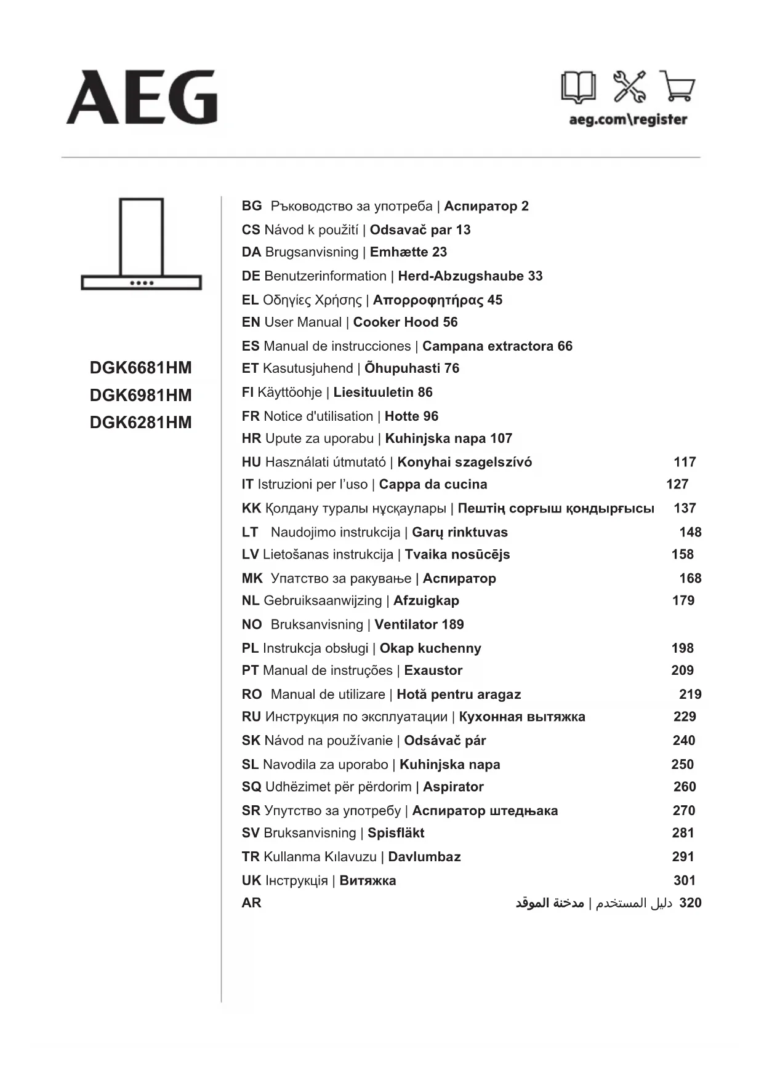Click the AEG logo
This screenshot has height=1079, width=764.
coord(142,97)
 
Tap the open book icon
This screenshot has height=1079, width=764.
coord(578,87)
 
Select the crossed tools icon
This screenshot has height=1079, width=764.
coord(629,86)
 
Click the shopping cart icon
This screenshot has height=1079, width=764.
coord(677,86)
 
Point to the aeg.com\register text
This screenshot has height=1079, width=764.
coord(628,119)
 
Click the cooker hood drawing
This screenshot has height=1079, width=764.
coord(142,244)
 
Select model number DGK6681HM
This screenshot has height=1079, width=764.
coord(141,368)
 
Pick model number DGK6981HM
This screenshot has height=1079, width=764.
coord(141,395)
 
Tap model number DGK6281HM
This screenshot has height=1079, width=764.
coord(141,423)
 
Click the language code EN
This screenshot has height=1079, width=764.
coord(251,322)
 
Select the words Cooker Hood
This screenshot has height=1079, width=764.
coord(396,322)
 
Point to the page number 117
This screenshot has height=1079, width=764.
coord(685,462)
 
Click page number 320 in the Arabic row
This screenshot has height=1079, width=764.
coord(690,903)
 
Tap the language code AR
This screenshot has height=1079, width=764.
coord(251,903)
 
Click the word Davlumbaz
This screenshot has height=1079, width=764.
coord(424,857)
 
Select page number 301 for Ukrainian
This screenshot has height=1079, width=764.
coord(685,881)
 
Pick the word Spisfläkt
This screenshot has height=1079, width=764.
coord(396,833)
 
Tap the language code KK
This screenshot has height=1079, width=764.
coord(251,509)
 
